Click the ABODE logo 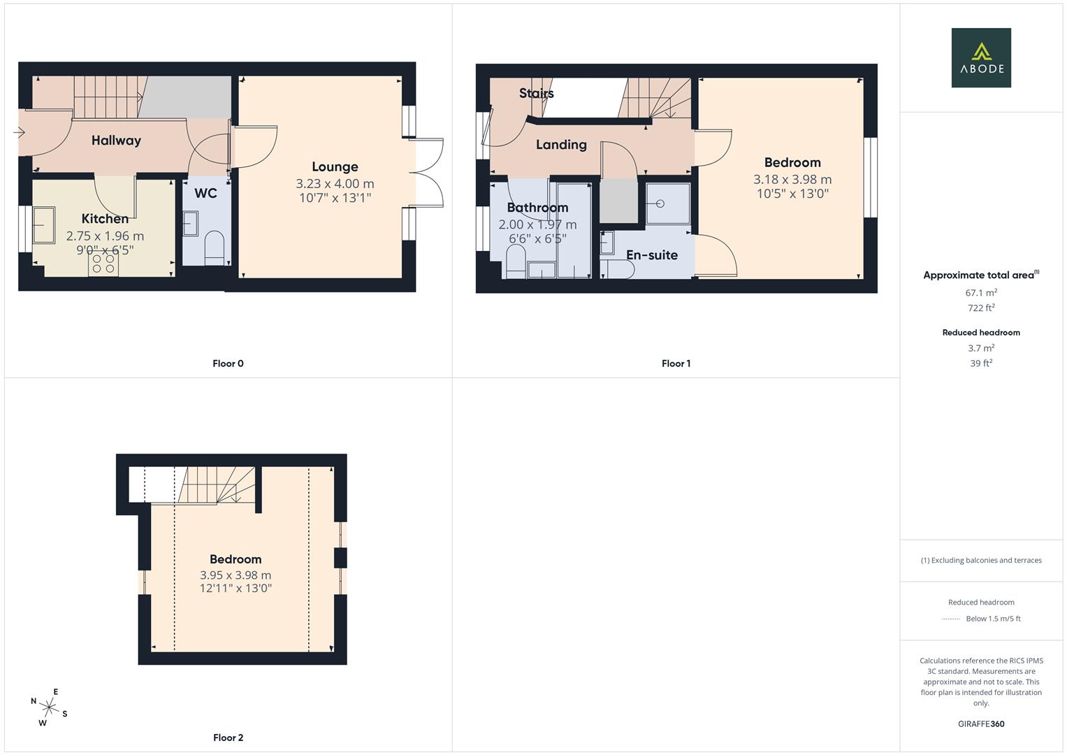pos(981,57)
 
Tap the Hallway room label pos(116,141)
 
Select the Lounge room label pos(335,166)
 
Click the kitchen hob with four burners pos(103,264)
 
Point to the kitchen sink pos(43,225)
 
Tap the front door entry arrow pos(19,131)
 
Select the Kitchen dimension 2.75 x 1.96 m pos(105,236)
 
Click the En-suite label pos(651,255)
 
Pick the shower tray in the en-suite pos(667,203)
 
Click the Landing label pos(561,145)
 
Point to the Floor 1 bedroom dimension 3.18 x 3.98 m pos(792,180)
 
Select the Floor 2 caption pos(228,738)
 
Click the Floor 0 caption pos(228,364)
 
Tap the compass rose pos(49,707)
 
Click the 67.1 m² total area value pos(981,293)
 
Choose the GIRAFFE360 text pos(981,724)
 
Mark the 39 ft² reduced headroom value pos(981,364)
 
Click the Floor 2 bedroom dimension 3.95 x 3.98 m pos(235,575)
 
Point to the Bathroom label pos(537,208)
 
